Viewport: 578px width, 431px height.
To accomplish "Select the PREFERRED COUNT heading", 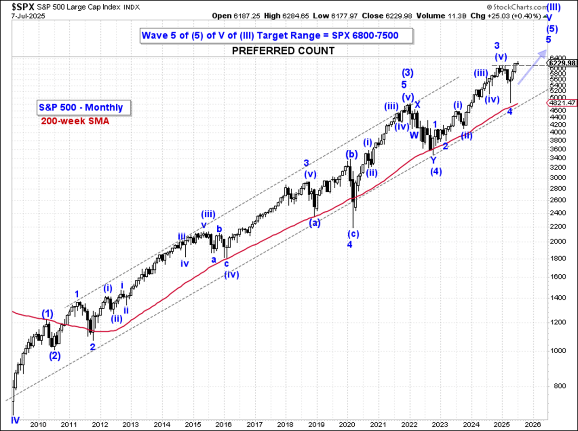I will point(283,51).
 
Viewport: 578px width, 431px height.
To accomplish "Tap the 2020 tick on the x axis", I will point(347,425).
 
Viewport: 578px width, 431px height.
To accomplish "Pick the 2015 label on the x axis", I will point(192,425).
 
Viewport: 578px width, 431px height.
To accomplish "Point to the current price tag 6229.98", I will point(561,63).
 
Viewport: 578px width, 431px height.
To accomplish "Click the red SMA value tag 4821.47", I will point(561,102).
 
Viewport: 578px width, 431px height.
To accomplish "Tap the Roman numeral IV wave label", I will point(15,420).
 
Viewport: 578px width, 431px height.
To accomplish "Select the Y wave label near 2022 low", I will point(433,160).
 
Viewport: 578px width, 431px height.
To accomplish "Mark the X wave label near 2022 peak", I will point(417,105).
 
